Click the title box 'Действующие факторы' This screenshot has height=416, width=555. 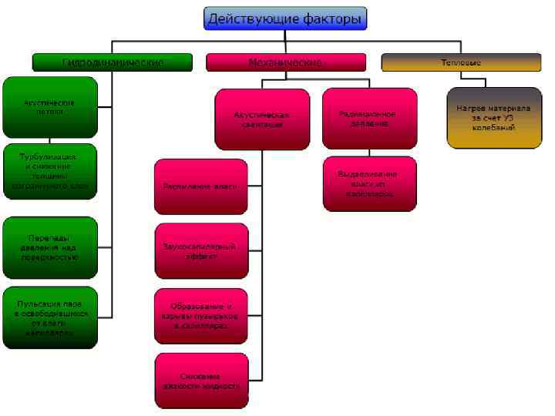[284, 18]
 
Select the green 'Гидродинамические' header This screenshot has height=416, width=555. [112, 62]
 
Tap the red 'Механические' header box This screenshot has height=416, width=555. [284, 62]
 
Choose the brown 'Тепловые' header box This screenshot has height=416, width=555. [460, 62]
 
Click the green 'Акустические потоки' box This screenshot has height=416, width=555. [50, 106]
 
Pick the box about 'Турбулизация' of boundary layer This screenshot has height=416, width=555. [50, 171]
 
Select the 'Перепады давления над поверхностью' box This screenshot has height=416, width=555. [50, 247]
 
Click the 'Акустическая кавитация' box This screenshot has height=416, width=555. [261, 119]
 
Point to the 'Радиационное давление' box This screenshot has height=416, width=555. [369, 118]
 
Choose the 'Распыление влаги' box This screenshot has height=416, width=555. [201, 186]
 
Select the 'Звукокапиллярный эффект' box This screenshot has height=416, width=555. [201, 250]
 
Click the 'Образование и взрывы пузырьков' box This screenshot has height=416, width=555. [201, 316]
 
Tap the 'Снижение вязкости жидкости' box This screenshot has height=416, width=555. [201, 381]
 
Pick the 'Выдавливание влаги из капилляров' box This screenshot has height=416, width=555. [369, 183]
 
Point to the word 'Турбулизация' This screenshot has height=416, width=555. [49, 156]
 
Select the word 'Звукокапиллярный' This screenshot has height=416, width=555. [199, 246]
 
